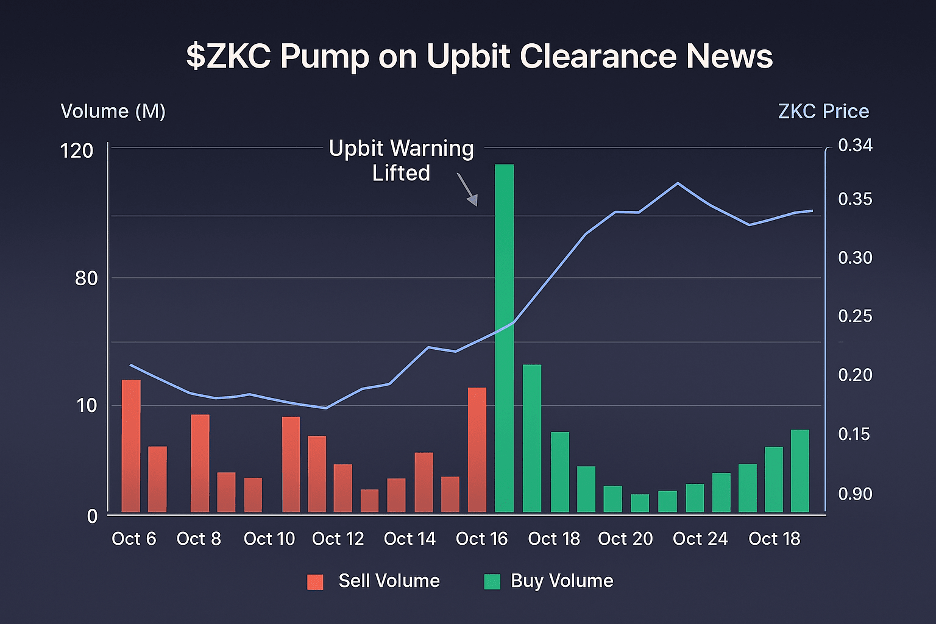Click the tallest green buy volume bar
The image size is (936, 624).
(x=505, y=338)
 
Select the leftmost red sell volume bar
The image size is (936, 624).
(x=131, y=446)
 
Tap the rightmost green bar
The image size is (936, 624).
(x=800, y=471)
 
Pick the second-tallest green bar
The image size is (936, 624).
(x=532, y=438)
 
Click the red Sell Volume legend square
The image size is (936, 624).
(x=315, y=581)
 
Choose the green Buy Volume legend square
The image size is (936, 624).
(x=492, y=581)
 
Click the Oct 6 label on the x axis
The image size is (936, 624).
(x=134, y=539)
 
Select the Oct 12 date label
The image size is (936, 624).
(x=338, y=539)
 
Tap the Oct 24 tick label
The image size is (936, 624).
(x=700, y=539)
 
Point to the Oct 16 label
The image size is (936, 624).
(x=481, y=539)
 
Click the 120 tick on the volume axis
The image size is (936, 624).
(x=77, y=151)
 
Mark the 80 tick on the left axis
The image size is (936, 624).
(x=86, y=278)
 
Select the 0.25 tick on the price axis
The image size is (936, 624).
(x=855, y=316)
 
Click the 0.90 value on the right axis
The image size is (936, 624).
(x=855, y=494)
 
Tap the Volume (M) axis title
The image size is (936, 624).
(x=113, y=112)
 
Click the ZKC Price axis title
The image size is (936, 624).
(x=823, y=112)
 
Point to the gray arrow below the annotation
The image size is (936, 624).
(x=467, y=190)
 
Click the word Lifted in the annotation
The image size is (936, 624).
(x=401, y=174)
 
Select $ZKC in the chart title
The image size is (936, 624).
(x=229, y=57)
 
